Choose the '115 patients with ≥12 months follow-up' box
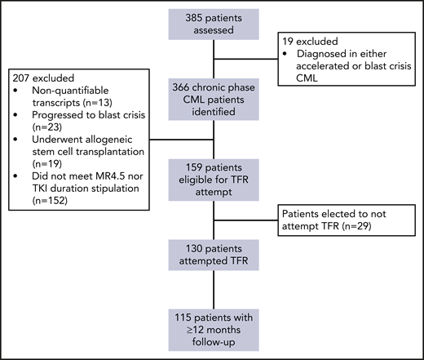tap(214, 331)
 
